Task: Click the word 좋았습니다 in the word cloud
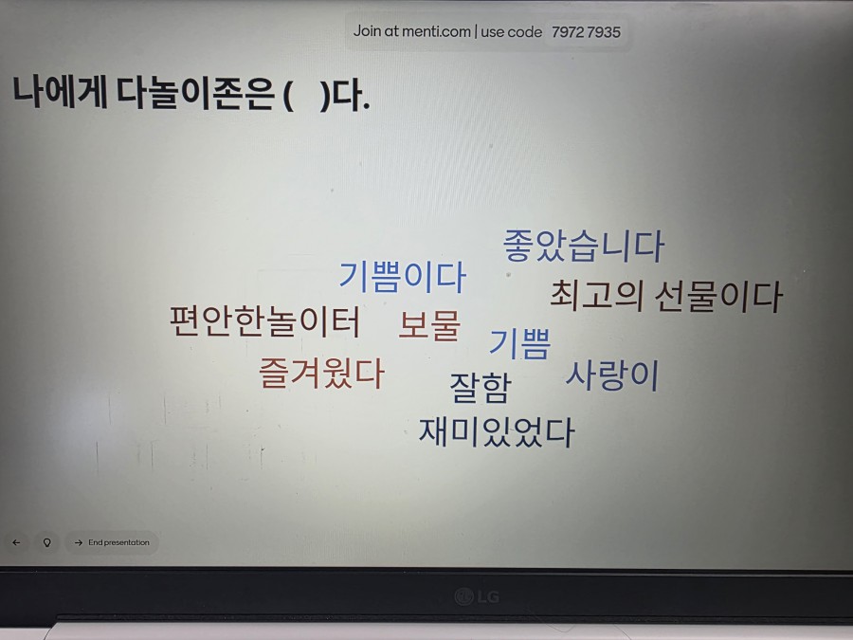pos(583,247)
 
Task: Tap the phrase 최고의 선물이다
pos(666,297)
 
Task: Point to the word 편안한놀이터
pos(265,322)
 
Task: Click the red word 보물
pos(429,325)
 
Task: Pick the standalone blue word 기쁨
pos(519,343)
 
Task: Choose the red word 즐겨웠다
pos(322,374)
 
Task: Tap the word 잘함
pos(480,387)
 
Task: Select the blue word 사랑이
pos(612,375)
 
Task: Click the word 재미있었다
pos(497,432)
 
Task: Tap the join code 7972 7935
pos(586,32)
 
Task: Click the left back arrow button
pos(16,542)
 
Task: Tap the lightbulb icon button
pos(45,542)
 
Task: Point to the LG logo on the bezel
pos(476,596)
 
